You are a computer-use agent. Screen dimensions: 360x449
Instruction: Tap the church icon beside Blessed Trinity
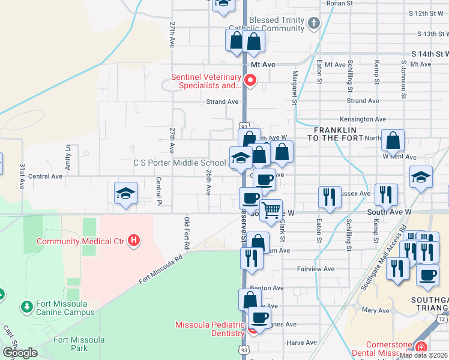(x=313, y=24)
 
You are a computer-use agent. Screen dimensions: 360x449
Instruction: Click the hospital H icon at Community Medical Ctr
(x=134, y=241)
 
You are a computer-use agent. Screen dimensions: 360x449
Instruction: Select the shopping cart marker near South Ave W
(x=271, y=211)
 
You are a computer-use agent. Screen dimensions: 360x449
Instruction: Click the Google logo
(x=20, y=353)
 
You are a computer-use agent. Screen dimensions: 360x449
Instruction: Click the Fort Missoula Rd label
(x=160, y=271)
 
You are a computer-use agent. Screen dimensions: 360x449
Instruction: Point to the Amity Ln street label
(x=68, y=157)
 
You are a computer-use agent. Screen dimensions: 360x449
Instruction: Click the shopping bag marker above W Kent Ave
(x=393, y=142)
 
